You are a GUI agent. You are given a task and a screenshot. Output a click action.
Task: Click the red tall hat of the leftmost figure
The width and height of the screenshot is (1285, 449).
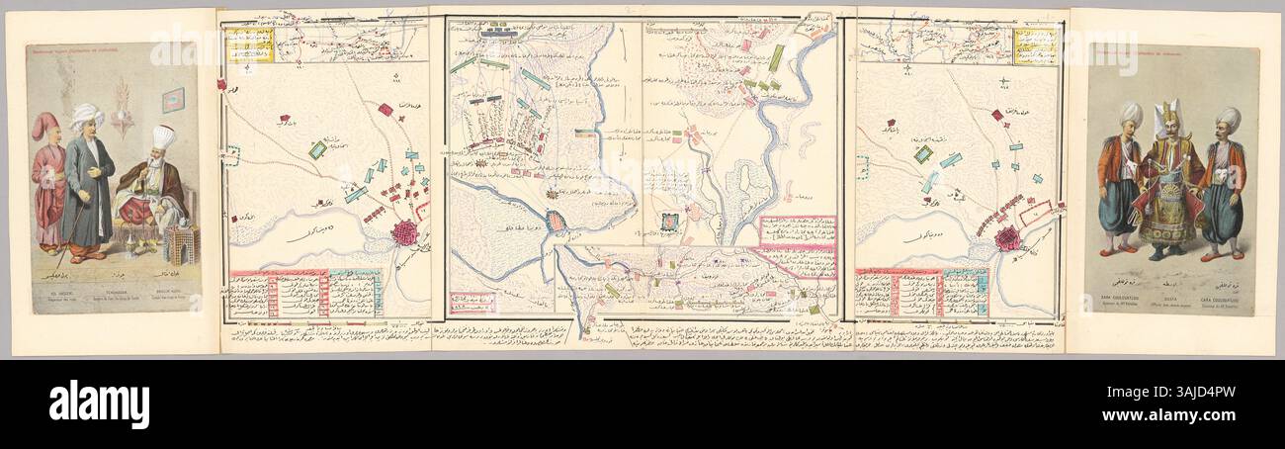[45, 125]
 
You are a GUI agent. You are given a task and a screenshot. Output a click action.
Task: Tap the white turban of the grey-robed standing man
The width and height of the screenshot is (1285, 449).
[86, 116]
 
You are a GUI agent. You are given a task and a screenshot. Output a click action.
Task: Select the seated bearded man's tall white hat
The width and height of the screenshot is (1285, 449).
[163, 136]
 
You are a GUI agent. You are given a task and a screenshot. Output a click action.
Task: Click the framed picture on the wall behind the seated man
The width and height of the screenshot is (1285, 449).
[173, 99]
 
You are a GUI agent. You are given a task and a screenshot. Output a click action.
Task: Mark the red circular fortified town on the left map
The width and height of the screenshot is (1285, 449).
[405, 233]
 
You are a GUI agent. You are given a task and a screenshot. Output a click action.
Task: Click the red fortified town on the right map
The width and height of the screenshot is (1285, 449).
[1007, 239]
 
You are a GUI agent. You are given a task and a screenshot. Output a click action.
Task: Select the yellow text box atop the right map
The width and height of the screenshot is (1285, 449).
[1034, 45]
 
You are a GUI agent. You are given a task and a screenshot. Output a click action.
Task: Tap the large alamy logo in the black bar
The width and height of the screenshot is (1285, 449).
[99, 404]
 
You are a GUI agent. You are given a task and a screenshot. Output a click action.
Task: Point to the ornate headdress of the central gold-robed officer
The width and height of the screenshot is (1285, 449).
[1170, 118]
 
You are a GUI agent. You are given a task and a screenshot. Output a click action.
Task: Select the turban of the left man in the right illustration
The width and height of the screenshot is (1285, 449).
[1130, 117]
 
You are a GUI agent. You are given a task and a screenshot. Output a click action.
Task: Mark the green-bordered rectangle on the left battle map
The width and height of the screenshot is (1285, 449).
[318, 149]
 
